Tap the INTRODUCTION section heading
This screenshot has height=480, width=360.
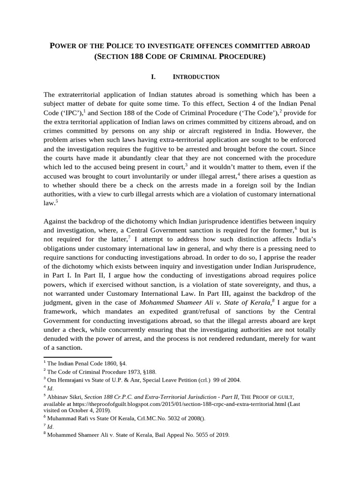click(196, 77)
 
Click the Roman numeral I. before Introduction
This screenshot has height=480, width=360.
click(154, 77)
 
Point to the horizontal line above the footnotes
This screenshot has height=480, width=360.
click(78, 357)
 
